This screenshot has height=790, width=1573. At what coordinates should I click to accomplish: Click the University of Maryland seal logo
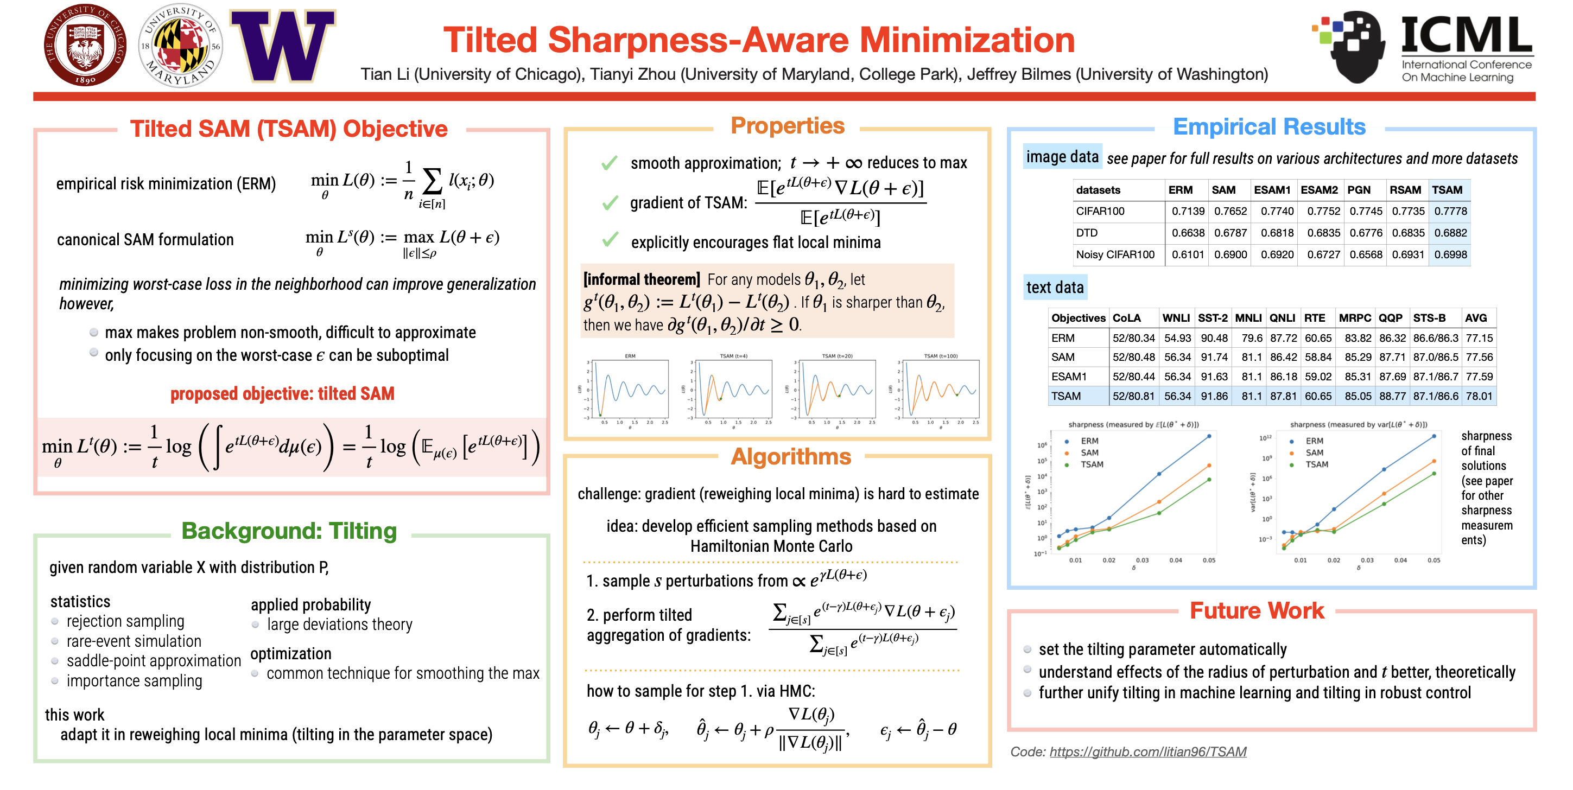click(x=181, y=46)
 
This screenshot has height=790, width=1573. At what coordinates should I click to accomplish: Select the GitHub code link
click(x=1147, y=751)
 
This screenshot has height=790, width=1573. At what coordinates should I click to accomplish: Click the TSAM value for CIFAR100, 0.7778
click(x=1450, y=211)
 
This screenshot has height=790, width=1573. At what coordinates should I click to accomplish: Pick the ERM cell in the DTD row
click(x=1188, y=233)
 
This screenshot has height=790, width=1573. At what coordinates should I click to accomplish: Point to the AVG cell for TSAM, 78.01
click(x=1479, y=396)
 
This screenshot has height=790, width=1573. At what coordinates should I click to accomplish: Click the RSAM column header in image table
click(x=1405, y=190)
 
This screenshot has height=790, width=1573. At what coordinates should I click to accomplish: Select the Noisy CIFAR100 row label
click(x=1115, y=254)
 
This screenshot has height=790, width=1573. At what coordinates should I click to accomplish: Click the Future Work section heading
click(x=1257, y=610)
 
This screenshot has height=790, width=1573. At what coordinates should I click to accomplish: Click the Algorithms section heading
click(x=790, y=457)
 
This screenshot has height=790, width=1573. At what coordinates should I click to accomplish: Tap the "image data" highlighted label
click(x=1062, y=157)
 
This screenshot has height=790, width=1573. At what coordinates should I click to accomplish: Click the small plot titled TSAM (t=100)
click(x=940, y=390)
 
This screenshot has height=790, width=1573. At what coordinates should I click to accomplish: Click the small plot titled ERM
click(x=630, y=390)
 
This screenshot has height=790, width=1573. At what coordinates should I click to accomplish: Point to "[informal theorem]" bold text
click(x=641, y=279)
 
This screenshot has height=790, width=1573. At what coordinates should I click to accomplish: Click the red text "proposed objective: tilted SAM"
click(x=282, y=394)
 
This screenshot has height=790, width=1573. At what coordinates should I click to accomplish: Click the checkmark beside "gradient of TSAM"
click(x=610, y=203)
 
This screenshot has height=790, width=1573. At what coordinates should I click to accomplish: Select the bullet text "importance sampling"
click(x=135, y=681)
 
